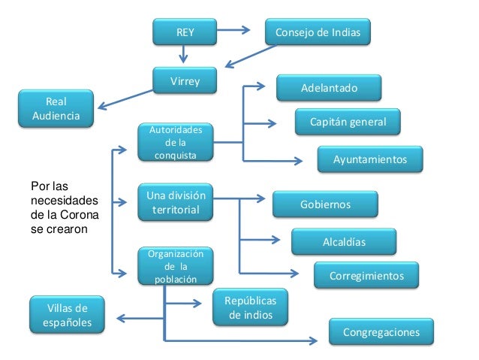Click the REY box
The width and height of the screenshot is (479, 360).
pyautogui.click(x=184, y=32)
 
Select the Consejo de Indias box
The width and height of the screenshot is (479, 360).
pyautogui.click(x=318, y=32)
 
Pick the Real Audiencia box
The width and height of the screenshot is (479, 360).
pyautogui.click(x=56, y=109)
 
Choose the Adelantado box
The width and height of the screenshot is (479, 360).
pyautogui.click(x=329, y=89)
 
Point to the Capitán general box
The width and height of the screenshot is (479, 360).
pyautogui.click(x=346, y=122)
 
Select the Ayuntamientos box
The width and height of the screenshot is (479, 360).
pyautogui.click(x=370, y=159)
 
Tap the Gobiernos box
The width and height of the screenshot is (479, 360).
pyautogui.click(x=325, y=204)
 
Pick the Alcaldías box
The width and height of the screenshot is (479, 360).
pyautogui.click(x=343, y=241)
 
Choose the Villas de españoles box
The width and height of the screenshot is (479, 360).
pyautogui.click(x=68, y=315)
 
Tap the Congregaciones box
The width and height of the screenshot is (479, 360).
pyautogui.click(x=381, y=331)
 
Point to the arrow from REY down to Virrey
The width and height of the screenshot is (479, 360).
pyautogui.click(x=184, y=54)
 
